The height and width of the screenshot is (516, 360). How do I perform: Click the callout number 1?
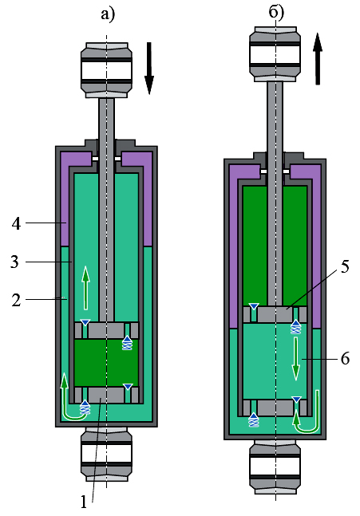point(84,502)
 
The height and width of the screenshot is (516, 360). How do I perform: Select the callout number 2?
point(16,300)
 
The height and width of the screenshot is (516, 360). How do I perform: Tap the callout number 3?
point(15,262)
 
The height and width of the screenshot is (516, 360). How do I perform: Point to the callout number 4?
point(16,223)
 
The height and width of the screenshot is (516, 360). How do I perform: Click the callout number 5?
point(345,266)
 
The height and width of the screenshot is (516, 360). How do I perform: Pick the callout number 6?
point(345,358)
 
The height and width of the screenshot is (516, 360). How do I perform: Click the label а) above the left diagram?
point(108,14)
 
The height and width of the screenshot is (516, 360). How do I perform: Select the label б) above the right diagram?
point(276,13)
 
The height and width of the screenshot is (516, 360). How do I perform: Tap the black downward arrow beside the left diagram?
point(149,68)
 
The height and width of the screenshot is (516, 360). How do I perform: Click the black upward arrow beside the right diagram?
point(318,58)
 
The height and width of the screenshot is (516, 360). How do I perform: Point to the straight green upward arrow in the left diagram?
point(85,288)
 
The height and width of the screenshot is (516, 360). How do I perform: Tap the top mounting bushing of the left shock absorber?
point(106,70)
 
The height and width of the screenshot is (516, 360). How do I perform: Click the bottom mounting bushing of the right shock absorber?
point(275,467)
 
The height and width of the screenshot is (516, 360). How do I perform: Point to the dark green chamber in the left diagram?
point(106,363)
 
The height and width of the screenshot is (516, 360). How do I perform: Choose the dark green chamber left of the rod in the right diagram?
point(255,245)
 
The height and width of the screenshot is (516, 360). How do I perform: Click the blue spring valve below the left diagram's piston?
point(127,343)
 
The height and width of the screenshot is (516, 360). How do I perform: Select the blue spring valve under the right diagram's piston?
point(295,327)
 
